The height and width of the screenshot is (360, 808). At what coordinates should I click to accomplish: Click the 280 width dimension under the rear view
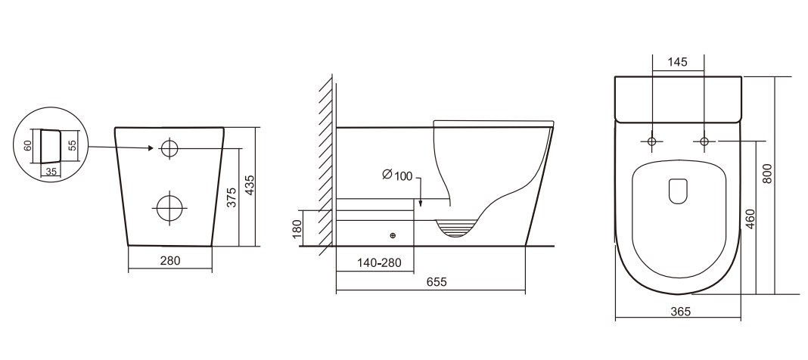click(x=170, y=261)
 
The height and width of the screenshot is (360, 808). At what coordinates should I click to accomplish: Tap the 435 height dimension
click(x=249, y=185)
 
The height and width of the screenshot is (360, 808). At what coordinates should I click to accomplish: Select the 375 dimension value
click(x=232, y=197)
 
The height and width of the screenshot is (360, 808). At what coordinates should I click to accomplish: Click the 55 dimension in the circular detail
click(x=73, y=144)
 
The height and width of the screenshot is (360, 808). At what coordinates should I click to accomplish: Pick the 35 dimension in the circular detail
click(x=51, y=172)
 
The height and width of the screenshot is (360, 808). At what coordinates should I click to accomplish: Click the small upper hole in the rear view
click(x=169, y=148)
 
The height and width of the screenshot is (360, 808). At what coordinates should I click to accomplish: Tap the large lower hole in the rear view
click(x=169, y=208)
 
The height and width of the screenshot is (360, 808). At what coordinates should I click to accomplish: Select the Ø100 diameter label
click(x=397, y=175)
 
